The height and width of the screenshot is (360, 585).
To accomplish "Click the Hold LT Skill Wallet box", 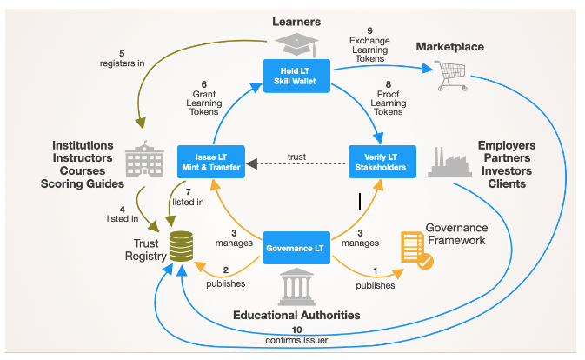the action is point(296,76).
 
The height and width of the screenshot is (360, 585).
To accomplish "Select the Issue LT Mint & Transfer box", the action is point(211,162).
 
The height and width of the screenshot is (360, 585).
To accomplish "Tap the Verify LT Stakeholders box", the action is point(382,162).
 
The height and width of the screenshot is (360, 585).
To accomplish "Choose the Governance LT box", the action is point(296,248).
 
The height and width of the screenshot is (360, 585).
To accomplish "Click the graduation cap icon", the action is point(297,44).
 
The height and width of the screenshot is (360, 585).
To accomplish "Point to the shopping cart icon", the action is point(451,76).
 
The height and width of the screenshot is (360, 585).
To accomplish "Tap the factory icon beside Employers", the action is point(449,162).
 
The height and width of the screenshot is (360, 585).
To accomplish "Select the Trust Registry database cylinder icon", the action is point(181,246).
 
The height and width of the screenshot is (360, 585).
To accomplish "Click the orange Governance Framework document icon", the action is point(416,250).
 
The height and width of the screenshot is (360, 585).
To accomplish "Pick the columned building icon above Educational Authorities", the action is point(296,286).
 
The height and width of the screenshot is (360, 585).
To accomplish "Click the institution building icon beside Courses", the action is point(144,159).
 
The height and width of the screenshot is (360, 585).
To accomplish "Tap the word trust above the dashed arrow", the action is point(296,157).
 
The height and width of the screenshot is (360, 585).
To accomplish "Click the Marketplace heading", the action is point(450,47).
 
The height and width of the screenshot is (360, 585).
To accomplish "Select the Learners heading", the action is point(296,22).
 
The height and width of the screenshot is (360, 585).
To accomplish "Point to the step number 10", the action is point(296,330).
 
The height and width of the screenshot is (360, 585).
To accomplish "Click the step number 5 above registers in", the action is point(122,54).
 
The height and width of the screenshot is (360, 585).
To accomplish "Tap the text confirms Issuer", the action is point(296,340).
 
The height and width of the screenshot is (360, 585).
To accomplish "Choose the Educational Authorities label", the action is point(296,316).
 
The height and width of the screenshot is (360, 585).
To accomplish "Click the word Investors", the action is point(507,170).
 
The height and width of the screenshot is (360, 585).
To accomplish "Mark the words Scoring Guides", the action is point(83,184).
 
